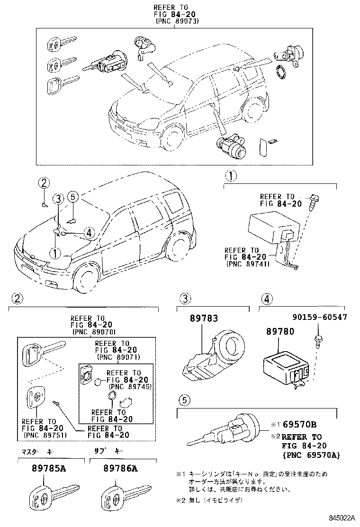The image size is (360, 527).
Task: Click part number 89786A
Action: (120, 469)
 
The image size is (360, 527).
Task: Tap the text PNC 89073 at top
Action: (176, 21)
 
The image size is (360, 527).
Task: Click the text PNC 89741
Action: (248, 264)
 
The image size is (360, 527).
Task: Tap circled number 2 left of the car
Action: (44, 183)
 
